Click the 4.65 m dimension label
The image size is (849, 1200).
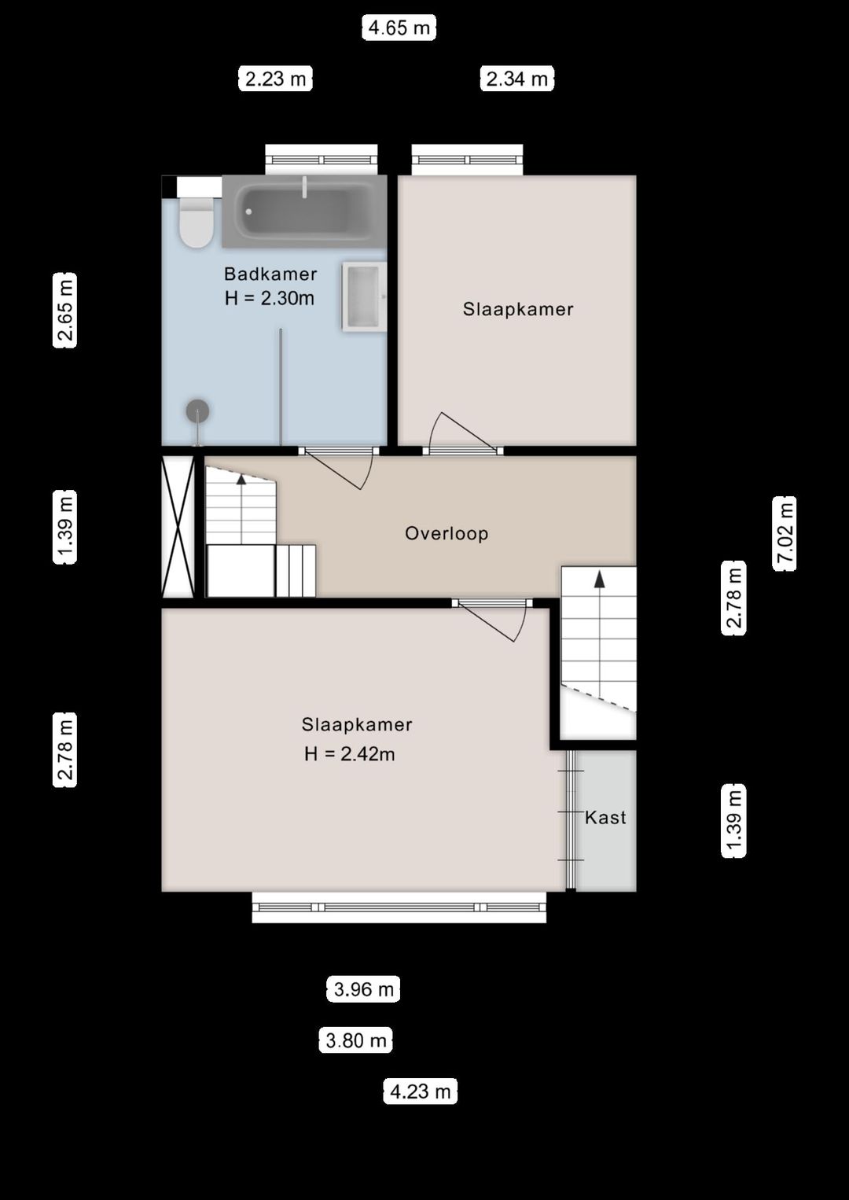(x=399, y=28)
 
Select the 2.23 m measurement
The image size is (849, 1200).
(x=275, y=79)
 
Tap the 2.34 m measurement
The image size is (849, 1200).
(x=516, y=79)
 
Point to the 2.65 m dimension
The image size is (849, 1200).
(x=65, y=310)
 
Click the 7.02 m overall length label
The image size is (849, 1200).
(x=785, y=533)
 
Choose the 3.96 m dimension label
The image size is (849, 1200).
(x=363, y=989)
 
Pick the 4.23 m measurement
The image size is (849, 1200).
(x=420, y=1091)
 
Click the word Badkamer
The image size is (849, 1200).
(x=270, y=274)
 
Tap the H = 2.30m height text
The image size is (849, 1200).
(x=270, y=298)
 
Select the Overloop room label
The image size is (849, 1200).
(x=447, y=533)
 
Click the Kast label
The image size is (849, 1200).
(x=605, y=818)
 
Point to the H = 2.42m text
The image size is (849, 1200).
(x=350, y=753)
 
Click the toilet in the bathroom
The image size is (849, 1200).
(x=196, y=223)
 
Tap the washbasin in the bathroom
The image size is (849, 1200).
(x=364, y=297)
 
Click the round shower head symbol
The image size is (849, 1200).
(x=197, y=410)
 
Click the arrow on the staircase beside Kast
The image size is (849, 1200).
(x=599, y=580)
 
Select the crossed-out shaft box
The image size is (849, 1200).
(x=178, y=526)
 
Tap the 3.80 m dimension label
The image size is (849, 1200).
(x=355, y=1040)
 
